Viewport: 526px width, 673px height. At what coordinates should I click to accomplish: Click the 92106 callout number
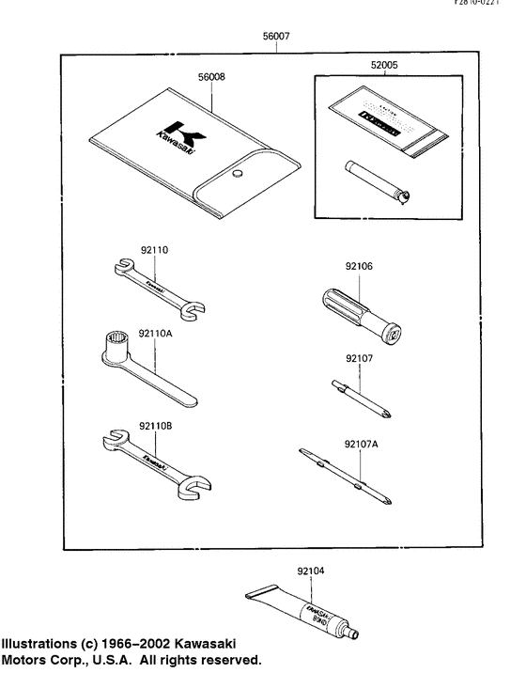point(359,267)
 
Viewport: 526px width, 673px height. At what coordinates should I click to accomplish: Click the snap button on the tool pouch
point(237,174)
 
